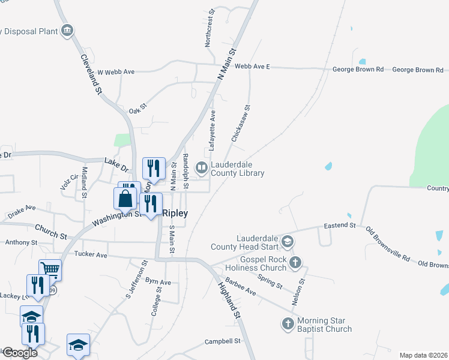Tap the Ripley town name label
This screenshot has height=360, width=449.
click(175, 213)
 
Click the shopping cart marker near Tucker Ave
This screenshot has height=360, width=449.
click(50, 269)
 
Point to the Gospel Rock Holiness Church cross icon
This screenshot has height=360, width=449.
click(294, 262)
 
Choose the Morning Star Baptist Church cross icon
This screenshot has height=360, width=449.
click(287, 324)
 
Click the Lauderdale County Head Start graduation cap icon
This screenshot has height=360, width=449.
click(287, 242)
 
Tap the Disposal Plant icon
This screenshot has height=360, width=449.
click(67, 29)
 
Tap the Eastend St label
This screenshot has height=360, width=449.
click(340, 225)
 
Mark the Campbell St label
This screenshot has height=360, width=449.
click(222, 341)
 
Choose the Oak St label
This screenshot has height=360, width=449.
click(138, 110)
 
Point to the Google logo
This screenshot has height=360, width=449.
click(19, 353)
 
